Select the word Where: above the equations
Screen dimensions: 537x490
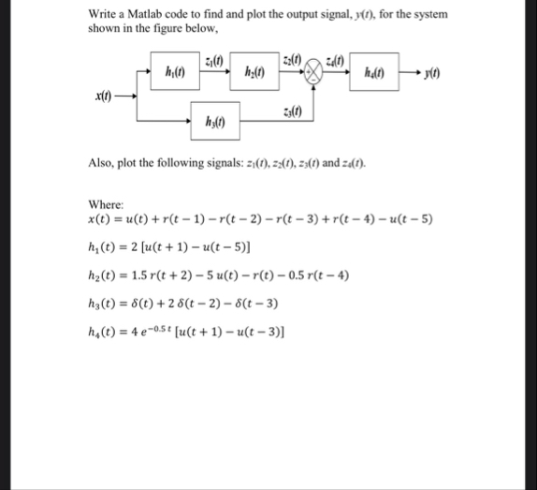click(x=105, y=206)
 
